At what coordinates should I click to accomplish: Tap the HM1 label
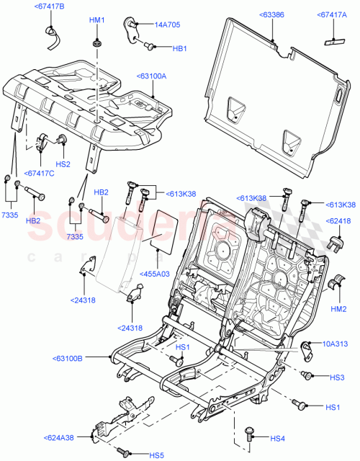pos(96,20)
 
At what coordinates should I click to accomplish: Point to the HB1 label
pos(180,48)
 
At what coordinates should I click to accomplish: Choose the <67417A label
pos(332,14)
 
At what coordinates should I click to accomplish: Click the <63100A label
pos(151,76)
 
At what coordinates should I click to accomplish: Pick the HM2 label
pos(338,308)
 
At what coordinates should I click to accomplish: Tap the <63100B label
pos(68,358)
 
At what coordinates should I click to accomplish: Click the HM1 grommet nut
pos(96,46)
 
